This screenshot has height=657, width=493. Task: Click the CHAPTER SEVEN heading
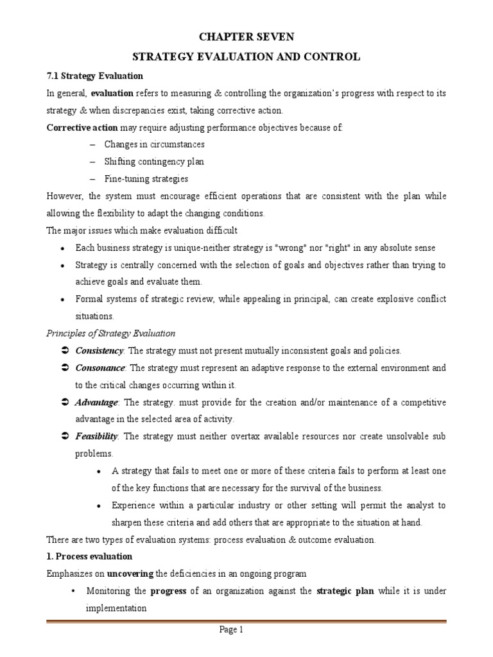pyautogui.click(x=246, y=38)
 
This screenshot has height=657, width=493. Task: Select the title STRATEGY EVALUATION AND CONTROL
pyautogui.click(x=246, y=57)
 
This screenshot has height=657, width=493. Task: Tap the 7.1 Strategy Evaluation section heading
pyautogui.click(x=89, y=76)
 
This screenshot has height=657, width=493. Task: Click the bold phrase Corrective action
pyautogui.click(x=82, y=127)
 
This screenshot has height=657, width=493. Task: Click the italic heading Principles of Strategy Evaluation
pyautogui.click(x=110, y=334)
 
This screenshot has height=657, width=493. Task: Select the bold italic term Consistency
pyautogui.click(x=99, y=351)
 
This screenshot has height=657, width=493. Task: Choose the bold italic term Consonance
pyautogui.click(x=101, y=368)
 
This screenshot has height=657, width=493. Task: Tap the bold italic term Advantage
pyautogui.click(x=96, y=402)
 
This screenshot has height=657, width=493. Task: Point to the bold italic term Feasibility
pyautogui.click(x=96, y=436)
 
